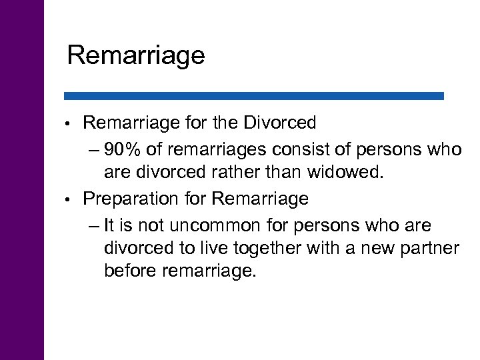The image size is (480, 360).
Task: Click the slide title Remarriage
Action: point(136,56)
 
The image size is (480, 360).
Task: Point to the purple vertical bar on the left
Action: point(22,180)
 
